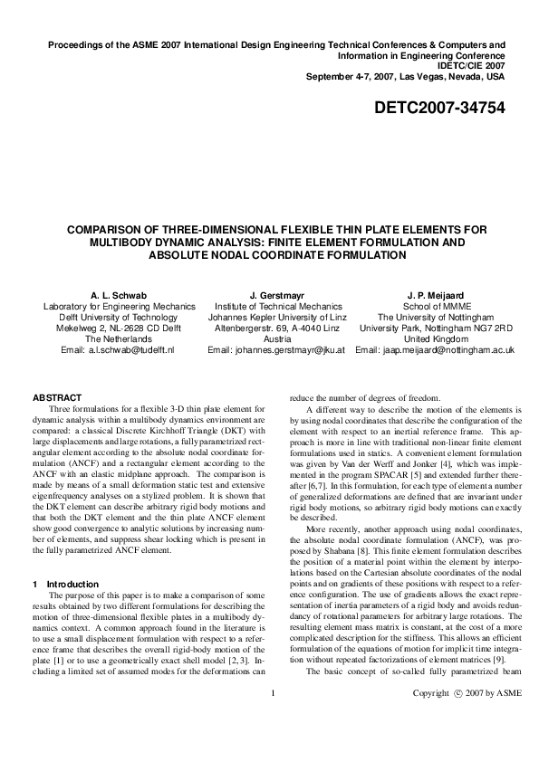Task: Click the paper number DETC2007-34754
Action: click(x=439, y=109)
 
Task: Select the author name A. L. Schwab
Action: click(x=113, y=295)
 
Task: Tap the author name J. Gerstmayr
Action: click(x=275, y=295)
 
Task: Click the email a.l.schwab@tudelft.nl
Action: click(x=130, y=349)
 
